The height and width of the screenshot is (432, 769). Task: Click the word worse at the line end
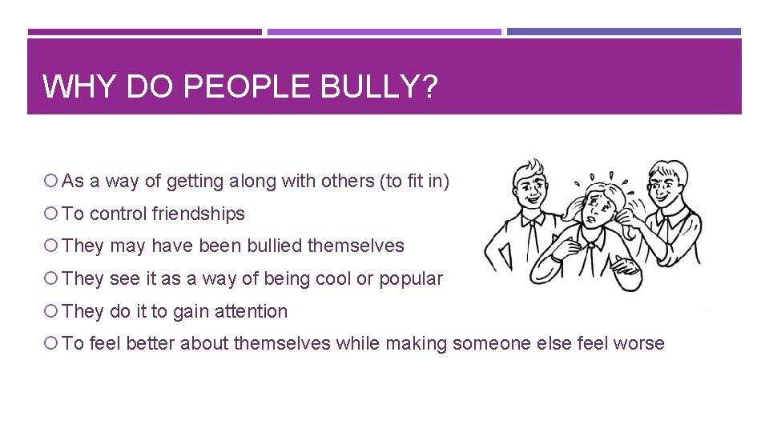[638, 343]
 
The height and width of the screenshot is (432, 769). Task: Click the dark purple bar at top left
[144, 32]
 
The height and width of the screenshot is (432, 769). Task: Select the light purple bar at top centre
[384, 32]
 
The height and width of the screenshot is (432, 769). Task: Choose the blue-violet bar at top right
[624, 32]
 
